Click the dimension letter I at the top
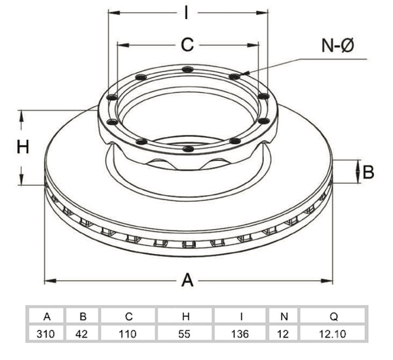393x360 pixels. tap(186, 12)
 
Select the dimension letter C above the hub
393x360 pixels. tap(187, 45)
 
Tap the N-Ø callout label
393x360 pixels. tap(337, 45)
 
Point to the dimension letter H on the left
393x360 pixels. tap(23, 147)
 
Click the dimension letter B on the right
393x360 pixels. tap(368, 172)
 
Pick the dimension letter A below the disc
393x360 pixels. tap(187, 280)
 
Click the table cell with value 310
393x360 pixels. tap(46, 334)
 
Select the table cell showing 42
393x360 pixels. tap(82, 334)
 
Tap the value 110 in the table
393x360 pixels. tap(128, 334)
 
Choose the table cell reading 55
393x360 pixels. tap(185, 334)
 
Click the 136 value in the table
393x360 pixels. tap(240, 334)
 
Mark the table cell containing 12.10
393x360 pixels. tap(332, 334)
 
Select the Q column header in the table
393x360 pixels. tap(333, 317)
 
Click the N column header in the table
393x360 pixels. tap(284, 317)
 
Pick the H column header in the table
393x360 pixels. tap(185, 317)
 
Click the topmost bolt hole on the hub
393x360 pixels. tap(187, 69)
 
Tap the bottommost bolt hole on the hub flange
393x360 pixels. tap(188, 149)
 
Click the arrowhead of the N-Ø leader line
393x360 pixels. tap(244, 73)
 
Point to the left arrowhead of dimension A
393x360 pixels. tap(50, 281)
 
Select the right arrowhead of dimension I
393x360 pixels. tap(262, 12)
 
